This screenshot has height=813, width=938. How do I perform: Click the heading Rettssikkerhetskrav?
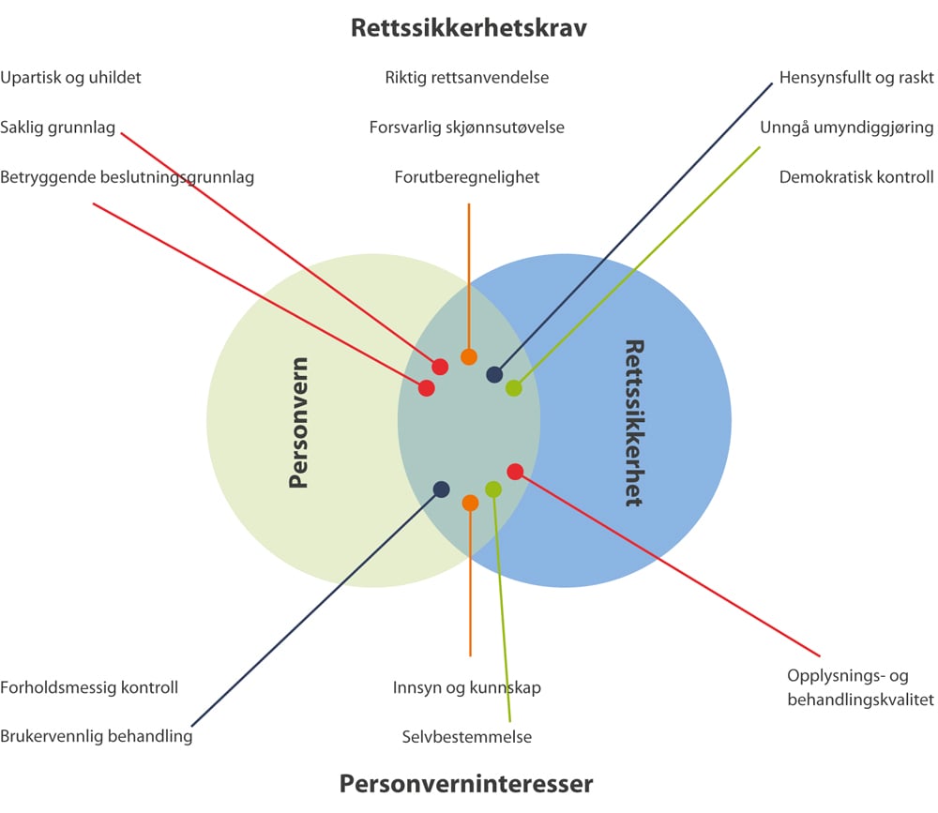click(x=468, y=27)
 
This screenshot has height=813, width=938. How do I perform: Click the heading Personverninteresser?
click(x=466, y=783)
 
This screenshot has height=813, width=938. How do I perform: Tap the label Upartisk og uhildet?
click(x=71, y=78)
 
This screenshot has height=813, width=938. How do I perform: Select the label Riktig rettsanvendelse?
click(x=466, y=78)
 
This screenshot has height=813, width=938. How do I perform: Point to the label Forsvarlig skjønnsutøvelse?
click(x=466, y=127)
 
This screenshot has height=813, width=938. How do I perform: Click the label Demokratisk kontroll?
click(x=856, y=176)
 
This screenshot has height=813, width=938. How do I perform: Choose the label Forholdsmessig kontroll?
click(x=89, y=687)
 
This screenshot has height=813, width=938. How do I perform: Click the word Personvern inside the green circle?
click(x=298, y=423)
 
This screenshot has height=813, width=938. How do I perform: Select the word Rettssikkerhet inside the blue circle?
click(x=634, y=423)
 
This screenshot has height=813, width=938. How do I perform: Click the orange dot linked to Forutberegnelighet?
click(x=469, y=356)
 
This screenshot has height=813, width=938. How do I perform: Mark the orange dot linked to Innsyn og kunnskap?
click(x=470, y=503)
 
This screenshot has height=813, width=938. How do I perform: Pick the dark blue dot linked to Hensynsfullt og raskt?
click(x=494, y=375)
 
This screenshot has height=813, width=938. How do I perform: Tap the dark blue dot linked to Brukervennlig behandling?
click(x=441, y=489)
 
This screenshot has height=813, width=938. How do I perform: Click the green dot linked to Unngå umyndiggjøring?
click(x=514, y=387)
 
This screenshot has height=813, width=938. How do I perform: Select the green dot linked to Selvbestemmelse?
click(x=493, y=489)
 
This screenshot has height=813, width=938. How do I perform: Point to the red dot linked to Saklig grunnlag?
click(x=439, y=367)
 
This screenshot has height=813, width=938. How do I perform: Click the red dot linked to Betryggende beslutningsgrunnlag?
click(x=426, y=387)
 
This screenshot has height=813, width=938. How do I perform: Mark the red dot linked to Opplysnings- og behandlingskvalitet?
click(x=515, y=471)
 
